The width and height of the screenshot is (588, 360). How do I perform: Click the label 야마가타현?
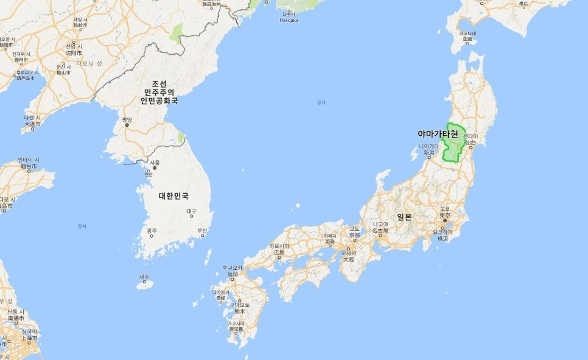pos(438,133)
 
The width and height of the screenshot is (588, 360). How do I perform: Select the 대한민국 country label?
pos(173,196)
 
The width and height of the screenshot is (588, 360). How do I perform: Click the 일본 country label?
pos(404,217)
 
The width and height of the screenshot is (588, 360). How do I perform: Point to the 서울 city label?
pos(155,163)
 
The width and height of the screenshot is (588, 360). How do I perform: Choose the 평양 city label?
pos(127,120)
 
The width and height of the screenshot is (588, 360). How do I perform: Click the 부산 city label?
pos(202,230)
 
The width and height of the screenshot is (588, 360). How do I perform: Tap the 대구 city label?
pos(192,211)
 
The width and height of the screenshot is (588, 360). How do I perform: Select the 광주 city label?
pos(152,231)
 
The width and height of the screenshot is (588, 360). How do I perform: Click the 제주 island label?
pos(144,277)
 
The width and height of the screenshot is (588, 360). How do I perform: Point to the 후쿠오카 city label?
pos(232,268)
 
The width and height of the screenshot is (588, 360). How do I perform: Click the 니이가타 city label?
pos(429,147)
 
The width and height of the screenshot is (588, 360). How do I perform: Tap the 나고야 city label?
pos(380,224)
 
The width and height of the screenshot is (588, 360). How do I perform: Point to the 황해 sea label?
pos(82,226)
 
